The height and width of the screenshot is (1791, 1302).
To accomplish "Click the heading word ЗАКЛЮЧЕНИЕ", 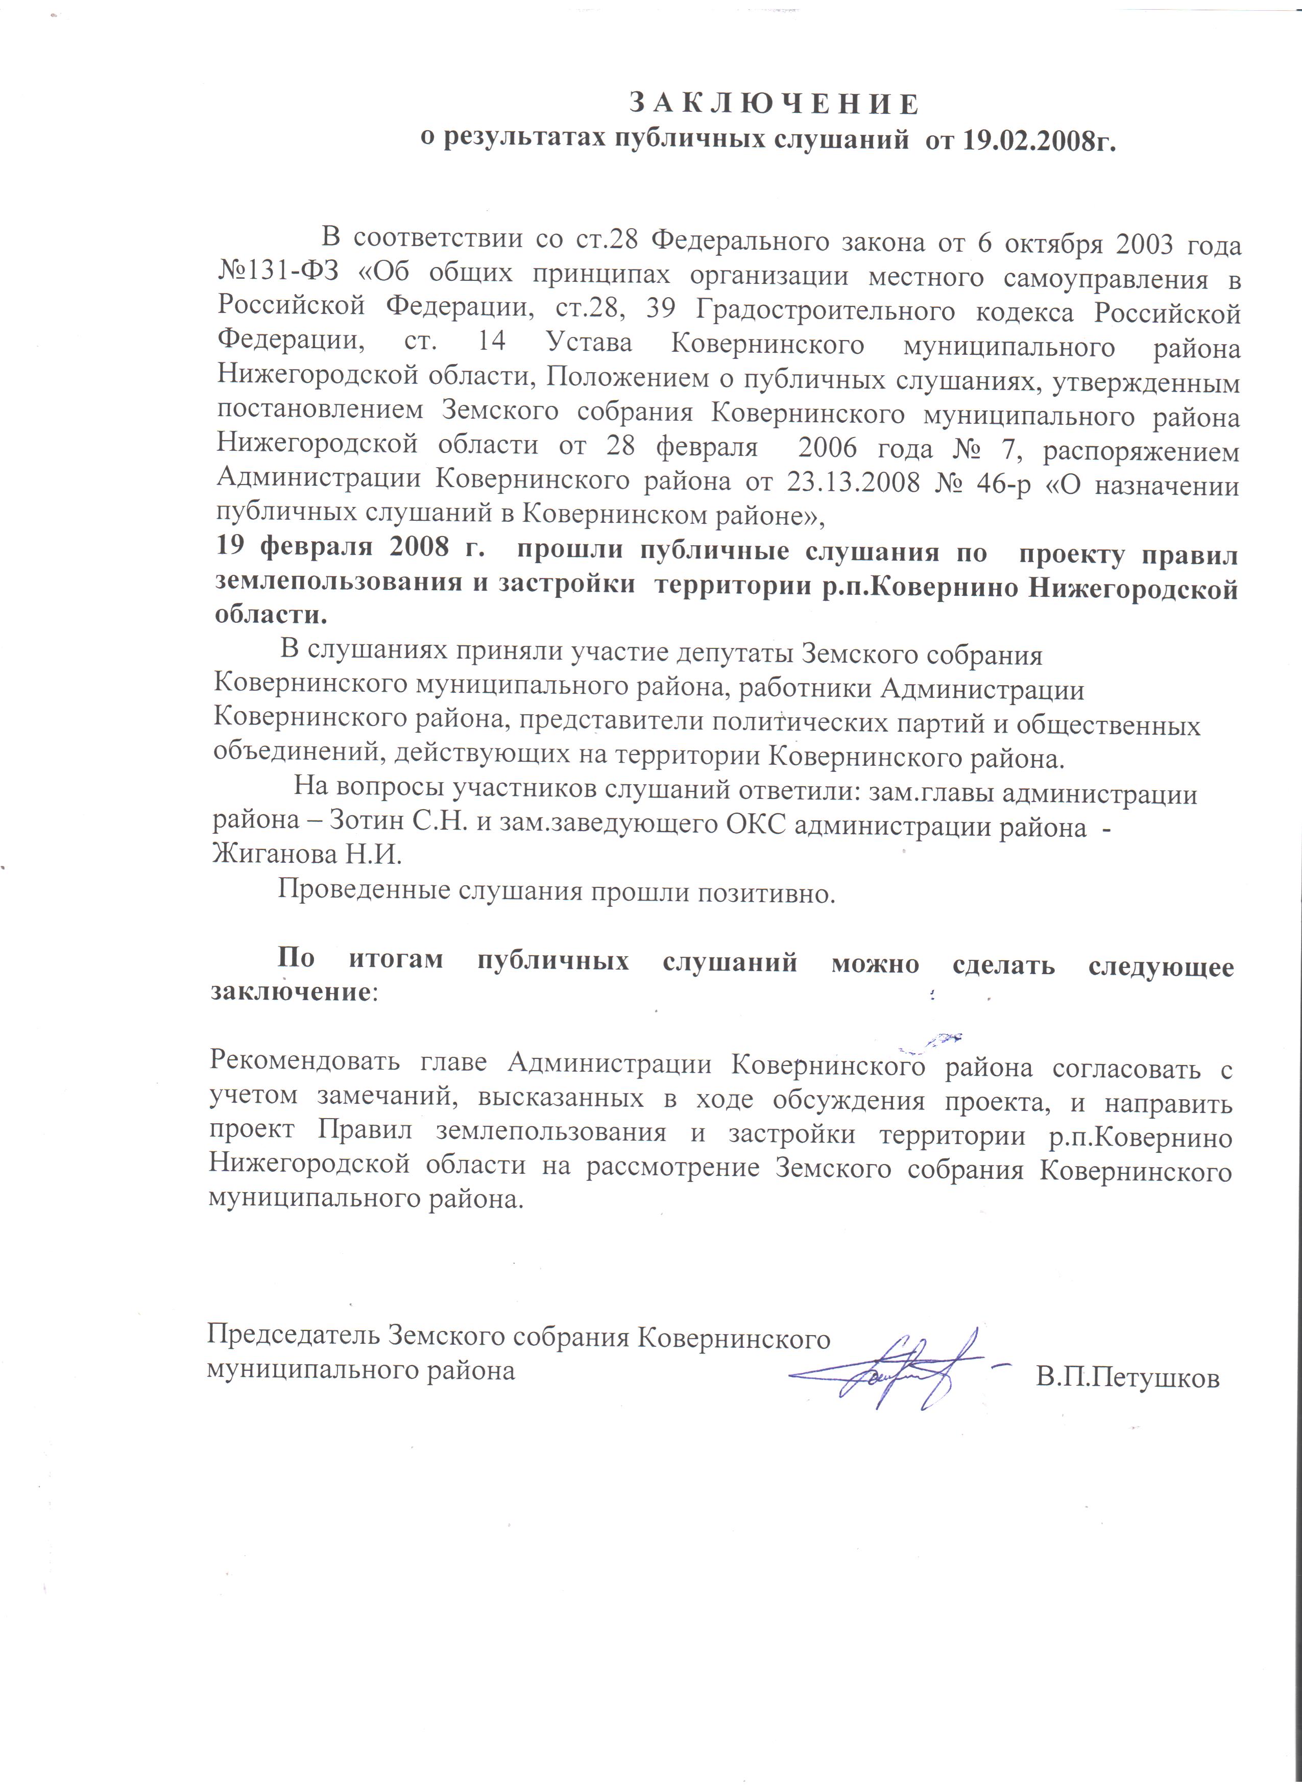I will [x=774, y=104].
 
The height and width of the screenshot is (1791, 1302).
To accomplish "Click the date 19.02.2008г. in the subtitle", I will [x=1039, y=140].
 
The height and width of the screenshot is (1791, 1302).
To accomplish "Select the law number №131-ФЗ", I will [x=278, y=278].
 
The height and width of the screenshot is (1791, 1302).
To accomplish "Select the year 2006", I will [x=827, y=449].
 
